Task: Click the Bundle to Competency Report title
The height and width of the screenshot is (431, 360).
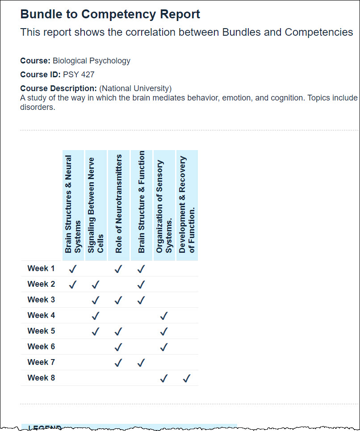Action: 110,14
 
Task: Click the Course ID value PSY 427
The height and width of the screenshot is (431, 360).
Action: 79,75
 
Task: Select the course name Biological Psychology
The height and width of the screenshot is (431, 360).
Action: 92,61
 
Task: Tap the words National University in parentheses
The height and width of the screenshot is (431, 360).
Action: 135,88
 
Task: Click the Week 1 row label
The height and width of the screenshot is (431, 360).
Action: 41,268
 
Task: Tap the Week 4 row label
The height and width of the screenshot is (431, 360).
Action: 41,315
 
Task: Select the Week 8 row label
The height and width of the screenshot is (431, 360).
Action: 41,378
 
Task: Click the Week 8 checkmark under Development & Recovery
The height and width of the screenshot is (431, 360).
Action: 187,378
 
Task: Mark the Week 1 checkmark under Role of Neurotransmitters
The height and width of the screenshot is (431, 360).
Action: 118,269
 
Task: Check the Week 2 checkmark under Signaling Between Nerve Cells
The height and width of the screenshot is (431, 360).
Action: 96,285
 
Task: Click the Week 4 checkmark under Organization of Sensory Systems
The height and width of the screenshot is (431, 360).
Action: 164,316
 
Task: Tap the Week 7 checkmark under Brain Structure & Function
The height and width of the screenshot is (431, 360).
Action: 141,363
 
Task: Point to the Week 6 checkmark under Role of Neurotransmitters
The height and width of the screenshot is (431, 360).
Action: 118,347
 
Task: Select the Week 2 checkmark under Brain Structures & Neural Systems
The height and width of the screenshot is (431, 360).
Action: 73,285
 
